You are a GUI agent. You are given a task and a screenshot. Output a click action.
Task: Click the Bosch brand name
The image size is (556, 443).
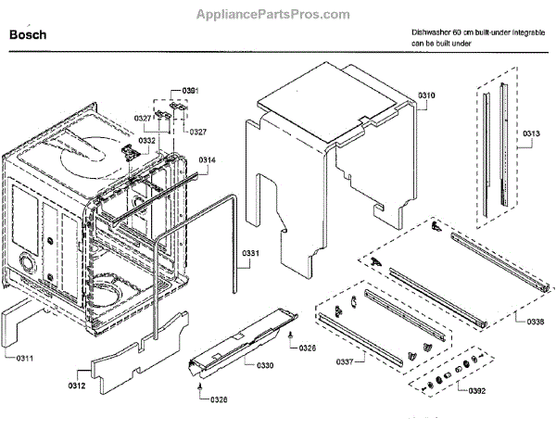click(x=27, y=35)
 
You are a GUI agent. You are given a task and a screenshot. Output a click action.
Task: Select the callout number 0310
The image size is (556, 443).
click(x=426, y=95)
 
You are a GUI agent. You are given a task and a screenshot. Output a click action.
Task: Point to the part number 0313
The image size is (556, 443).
click(x=530, y=133)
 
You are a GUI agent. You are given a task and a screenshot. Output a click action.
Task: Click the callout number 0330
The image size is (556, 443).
click(x=265, y=365)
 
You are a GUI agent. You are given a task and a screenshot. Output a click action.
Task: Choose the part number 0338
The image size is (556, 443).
click(x=535, y=321)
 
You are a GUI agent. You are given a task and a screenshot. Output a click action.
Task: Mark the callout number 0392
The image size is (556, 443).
click(x=477, y=390)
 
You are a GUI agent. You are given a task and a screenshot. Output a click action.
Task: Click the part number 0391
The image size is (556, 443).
click(x=189, y=89)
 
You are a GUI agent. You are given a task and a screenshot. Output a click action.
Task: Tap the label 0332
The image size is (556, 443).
click(x=146, y=141)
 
